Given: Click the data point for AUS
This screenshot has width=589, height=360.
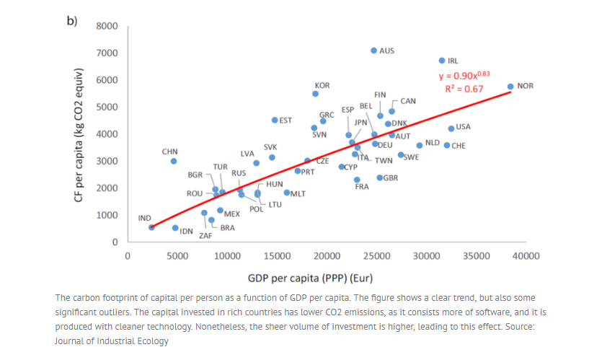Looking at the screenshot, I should click(373, 51).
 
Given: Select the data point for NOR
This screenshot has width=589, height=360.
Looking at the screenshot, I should click(510, 87).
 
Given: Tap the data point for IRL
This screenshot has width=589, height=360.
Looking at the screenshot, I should click(442, 61).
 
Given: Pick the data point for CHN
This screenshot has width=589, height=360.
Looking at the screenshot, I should click(174, 161).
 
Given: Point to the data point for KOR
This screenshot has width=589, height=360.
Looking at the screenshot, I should click(315, 94).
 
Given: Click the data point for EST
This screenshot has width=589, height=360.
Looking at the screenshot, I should click(275, 120).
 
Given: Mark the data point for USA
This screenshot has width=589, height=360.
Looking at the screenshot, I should click(451, 128).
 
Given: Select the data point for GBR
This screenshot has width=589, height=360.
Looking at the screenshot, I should click(379, 177).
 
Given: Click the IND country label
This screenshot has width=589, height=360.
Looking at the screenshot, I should click(144, 218).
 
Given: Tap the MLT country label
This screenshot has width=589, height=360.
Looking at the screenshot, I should click(298, 193).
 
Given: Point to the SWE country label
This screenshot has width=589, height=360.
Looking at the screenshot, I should click(411, 157).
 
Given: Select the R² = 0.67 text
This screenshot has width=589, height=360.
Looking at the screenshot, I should click(464, 89).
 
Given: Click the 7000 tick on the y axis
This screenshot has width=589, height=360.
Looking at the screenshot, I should click(107, 53).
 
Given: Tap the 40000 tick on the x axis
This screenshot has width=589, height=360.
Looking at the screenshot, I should click(526, 256).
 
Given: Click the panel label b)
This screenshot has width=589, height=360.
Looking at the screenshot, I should click(72, 21).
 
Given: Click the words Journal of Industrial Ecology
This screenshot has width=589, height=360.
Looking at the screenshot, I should click(111, 341).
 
